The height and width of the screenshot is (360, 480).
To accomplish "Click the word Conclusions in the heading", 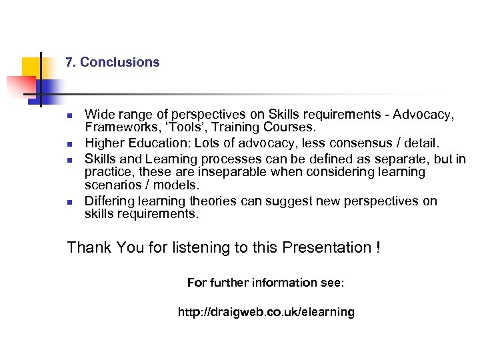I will (120, 63).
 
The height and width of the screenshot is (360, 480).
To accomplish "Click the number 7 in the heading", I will (69, 63).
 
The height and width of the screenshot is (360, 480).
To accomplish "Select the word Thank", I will (89, 248).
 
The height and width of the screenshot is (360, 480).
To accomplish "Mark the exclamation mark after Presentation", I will (378, 248).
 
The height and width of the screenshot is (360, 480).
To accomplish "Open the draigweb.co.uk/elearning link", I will (266, 312).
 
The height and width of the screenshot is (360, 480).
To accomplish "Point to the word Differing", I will (109, 201).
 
